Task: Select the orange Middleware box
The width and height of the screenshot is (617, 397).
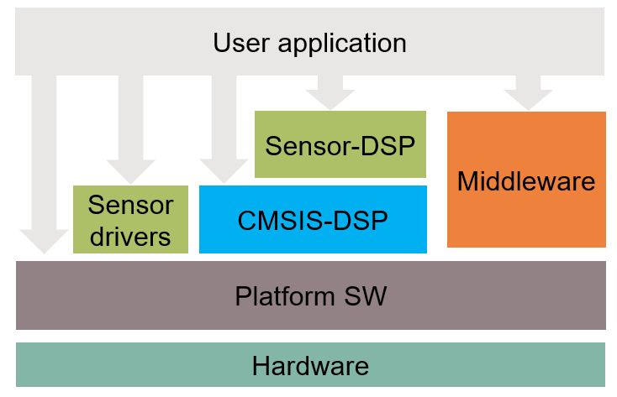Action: pyautogui.click(x=526, y=180)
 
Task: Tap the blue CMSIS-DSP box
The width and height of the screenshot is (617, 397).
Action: pyautogui.click(x=313, y=220)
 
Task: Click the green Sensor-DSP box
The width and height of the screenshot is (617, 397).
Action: pyautogui.click(x=340, y=144)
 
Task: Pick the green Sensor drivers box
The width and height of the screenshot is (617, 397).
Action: pyautogui.click(x=130, y=219)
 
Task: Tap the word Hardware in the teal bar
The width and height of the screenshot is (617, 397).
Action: pyautogui.click(x=310, y=366)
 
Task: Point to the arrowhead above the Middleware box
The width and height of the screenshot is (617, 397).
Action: pyautogui.click(x=529, y=98)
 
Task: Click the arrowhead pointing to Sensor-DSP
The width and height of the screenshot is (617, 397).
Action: pyautogui.click(x=330, y=98)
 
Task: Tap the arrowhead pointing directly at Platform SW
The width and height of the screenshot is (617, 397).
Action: pyautogui.click(x=43, y=241)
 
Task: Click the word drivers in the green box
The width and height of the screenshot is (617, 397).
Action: pyautogui.click(x=130, y=236)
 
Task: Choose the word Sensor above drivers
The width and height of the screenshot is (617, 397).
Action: pyautogui.click(x=130, y=204)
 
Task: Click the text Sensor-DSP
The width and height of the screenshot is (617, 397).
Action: pyautogui.click(x=340, y=145)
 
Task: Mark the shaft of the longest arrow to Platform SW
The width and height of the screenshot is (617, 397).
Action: pyautogui.click(x=43, y=151)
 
